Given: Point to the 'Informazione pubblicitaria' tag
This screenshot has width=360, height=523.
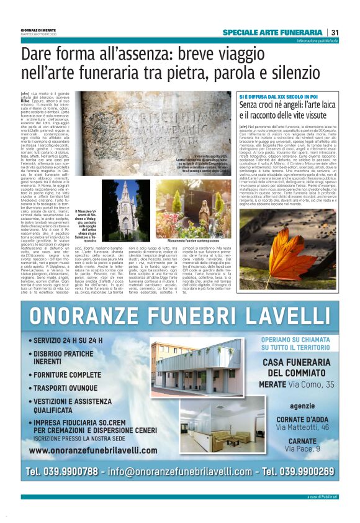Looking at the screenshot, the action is click(317, 40).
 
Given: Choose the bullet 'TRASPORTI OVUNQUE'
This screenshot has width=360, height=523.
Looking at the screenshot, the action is click(71, 387).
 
